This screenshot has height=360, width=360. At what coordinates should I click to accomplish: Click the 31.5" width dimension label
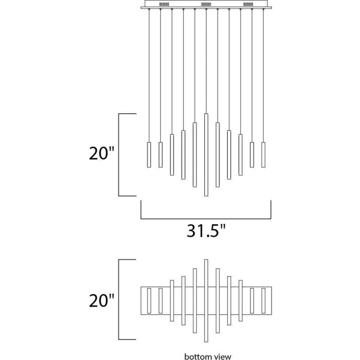tap(206, 230)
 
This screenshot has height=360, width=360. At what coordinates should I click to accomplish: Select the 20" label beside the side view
tap(101, 153)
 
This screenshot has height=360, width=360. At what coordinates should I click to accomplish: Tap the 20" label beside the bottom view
tap(101, 300)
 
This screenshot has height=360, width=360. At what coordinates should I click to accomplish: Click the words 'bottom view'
tap(208, 356)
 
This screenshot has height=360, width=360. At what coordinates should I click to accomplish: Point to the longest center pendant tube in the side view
tap(206, 155)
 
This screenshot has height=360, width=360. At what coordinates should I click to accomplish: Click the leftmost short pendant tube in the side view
tap(149, 155)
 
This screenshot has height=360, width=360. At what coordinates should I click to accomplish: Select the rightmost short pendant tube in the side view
tap(263, 155)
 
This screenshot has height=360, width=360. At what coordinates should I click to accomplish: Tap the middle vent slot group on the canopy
tap(206, 4)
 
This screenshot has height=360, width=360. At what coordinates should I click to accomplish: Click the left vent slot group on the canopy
tap(164, 4)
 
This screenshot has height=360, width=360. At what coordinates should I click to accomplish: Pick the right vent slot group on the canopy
tap(248, 4)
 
